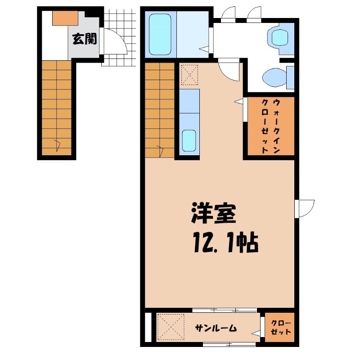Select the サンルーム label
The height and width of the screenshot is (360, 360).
click(216, 328)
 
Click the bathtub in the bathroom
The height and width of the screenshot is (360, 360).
click(161, 35)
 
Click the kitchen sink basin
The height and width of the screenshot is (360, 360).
click(189, 141)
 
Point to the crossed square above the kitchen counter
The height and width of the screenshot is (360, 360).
click(189, 74)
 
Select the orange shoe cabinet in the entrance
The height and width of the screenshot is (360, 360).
click(66, 18)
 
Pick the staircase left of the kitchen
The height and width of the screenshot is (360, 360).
click(160, 110)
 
